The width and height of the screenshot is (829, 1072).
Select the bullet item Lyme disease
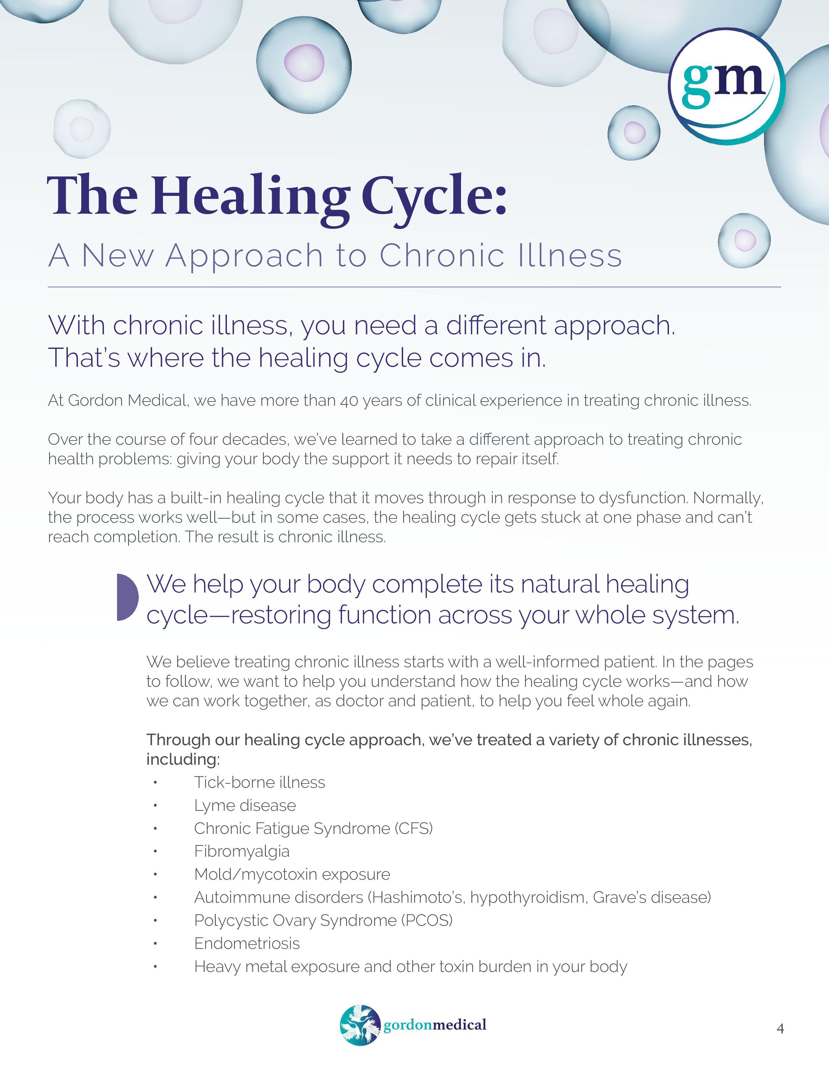pyautogui.click(x=244, y=806)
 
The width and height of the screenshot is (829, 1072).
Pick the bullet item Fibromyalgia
pyautogui.click(x=242, y=851)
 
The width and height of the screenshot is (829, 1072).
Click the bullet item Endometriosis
pyautogui.click(x=246, y=943)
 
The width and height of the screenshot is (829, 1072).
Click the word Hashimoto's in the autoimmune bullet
pyautogui.click(x=417, y=897)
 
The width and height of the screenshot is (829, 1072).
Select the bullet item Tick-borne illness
pyautogui.click(x=259, y=783)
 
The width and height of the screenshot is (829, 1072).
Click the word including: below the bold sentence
pyautogui.click(x=183, y=759)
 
